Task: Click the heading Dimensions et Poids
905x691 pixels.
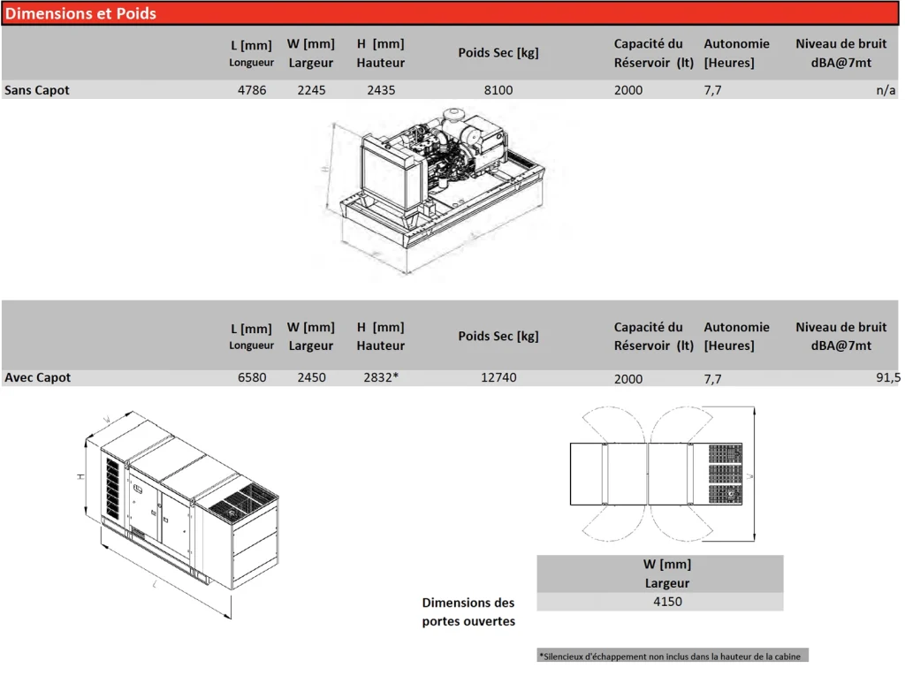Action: (x=80, y=13)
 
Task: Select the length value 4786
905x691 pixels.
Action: (x=252, y=90)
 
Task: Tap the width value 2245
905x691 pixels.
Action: (x=312, y=90)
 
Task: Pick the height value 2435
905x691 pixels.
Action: (x=382, y=90)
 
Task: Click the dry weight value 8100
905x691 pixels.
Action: (x=498, y=90)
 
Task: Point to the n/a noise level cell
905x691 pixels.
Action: (x=886, y=90)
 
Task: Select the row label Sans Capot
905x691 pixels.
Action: (x=37, y=90)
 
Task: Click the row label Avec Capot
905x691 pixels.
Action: (x=37, y=377)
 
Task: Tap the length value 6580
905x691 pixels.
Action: (x=252, y=377)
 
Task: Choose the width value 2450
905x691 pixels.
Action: (x=312, y=377)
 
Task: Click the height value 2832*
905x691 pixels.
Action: (x=382, y=377)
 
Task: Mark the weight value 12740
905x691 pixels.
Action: (x=498, y=377)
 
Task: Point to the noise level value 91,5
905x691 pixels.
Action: (x=888, y=377)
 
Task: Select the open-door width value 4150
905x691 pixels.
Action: (x=668, y=602)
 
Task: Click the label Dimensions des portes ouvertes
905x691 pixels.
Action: (x=468, y=611)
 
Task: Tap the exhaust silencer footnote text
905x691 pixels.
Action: (x=670, y=657)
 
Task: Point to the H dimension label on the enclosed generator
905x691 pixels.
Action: (x=80, y=477)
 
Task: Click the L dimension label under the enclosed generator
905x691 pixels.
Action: (x=155, y=584)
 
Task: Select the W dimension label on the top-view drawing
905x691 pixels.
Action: (x=749, y=476)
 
